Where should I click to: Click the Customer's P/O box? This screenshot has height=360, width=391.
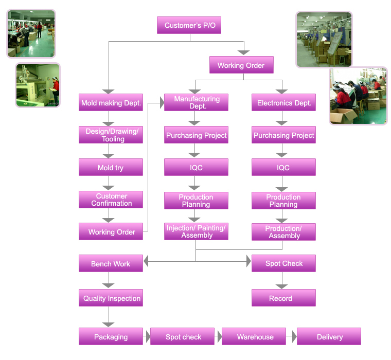[189, 25]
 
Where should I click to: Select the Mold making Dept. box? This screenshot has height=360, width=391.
[111, 103]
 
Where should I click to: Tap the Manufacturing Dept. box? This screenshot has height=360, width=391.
[196, 103]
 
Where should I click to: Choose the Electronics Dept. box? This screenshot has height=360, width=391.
[283, 103]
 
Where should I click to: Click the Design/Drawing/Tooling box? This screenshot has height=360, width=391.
[111, 135]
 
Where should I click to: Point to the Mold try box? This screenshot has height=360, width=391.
[111, 168]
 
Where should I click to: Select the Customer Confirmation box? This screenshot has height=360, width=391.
[111, 200]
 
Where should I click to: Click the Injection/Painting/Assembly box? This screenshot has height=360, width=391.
[196, 232]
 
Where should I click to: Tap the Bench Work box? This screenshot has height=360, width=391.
[111, 264]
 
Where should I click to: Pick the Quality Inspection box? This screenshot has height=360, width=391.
[111, 298]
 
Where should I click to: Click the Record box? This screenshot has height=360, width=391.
[283, 298]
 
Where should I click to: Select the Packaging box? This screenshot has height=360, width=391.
[111, 337]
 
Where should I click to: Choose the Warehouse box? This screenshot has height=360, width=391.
[255, 337]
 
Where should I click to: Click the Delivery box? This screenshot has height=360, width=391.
[329, 337]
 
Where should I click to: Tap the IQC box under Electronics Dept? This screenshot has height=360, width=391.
[283, 168]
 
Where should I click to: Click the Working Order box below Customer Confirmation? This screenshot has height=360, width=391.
[111, 232]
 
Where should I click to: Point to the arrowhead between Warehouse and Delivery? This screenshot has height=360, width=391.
[294, 337]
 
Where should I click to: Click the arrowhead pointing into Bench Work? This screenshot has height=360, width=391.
[146, 262]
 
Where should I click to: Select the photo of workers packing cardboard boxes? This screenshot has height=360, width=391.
[358, 96]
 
